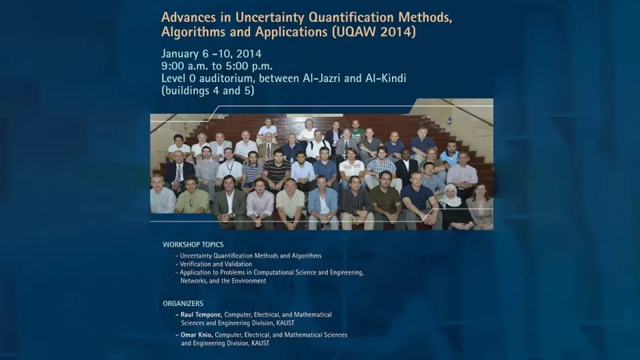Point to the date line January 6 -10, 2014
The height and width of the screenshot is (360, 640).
pos(211,54)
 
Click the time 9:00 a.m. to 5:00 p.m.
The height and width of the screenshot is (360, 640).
pos(217,66)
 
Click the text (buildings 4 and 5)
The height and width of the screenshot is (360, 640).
pos(208,91)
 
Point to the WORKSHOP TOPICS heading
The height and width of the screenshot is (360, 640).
pos(193,245)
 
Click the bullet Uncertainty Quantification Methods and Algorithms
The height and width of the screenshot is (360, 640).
pos(249,256)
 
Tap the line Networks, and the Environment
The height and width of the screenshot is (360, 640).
pos(223,281)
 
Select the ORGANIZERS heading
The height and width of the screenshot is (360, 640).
pos(183,304)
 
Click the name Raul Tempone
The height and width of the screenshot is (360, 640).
pos(201,315)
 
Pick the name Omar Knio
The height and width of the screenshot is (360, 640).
pos(196,335)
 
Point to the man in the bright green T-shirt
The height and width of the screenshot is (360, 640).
pos(357,131)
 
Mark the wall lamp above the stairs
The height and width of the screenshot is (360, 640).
pos(449,121)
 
